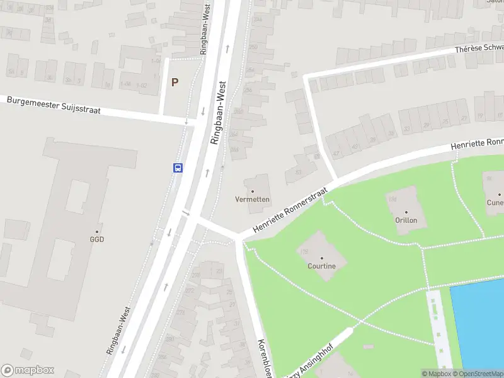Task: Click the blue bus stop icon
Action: (x=178, y=168)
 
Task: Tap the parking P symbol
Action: (x=175, y=82)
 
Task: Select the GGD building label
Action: (x=96, y=239)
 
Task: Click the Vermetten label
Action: (x=253, y=200)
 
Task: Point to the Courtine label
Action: (x=321, y=266)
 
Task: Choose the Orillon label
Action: (x=406, y=220)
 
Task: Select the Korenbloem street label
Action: (x=264, y=358)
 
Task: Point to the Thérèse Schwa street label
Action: (x=478, y=50)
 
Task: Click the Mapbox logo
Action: (x=28, y=370)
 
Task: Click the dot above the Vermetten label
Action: (x=253, y=191)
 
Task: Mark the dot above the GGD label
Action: (x=96, y=231)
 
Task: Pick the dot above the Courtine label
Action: (x=321, y=258)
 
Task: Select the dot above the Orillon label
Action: (x=406, y=212)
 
